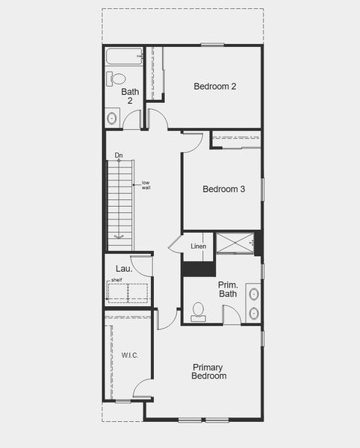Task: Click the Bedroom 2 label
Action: pyautogui.click(x=215, y=87)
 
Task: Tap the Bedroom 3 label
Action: pyautogui.click(x=224, y=189)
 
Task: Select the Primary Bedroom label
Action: pyautogui.click(x=209, y=371)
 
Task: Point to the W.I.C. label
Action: pyautogui.click(x=130, y=355)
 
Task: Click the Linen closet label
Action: pyautogui.click(x=198, y=246)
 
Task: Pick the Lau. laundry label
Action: pyautogui.click(x=124, y=269)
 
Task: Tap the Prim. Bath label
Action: pyautogui.click(x=228, y=290)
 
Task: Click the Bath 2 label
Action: pyautogui.click(x=130, y=96)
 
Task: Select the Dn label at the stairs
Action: pyautogui.click(x=119, y=156)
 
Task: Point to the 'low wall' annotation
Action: pyautogui.click(x=146, y=185)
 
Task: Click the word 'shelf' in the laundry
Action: pyautogui.click(x=116, y=281)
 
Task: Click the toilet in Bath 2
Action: pyautogui.click(x=117, y=78)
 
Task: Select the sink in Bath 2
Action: pyautogui.click(x=113, y=117)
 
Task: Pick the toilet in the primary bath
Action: pyautogui.click(x=198, y=311)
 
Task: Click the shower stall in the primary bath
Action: pyautogui.click(x=235, y=243)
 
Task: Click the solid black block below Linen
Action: pyautogui.click(x=199, y=269)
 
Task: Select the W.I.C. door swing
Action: pyautogui.click(x=143, y=388)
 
